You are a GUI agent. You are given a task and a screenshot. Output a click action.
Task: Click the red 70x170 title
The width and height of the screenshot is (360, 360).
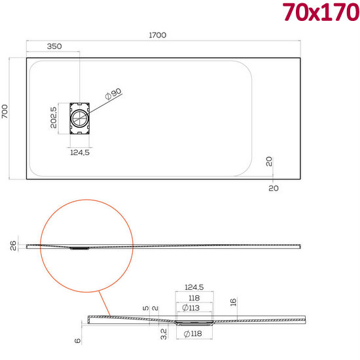321,12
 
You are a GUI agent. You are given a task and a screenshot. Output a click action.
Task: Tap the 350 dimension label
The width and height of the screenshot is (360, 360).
54,46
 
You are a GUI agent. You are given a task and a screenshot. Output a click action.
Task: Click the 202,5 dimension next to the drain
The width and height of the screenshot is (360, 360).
54,118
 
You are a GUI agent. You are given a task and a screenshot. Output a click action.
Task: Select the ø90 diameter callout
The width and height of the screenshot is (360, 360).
113,96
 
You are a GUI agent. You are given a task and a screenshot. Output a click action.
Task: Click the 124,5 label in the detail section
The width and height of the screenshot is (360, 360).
194,287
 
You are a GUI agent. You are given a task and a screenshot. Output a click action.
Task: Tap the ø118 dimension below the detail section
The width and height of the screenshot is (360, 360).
194,335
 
